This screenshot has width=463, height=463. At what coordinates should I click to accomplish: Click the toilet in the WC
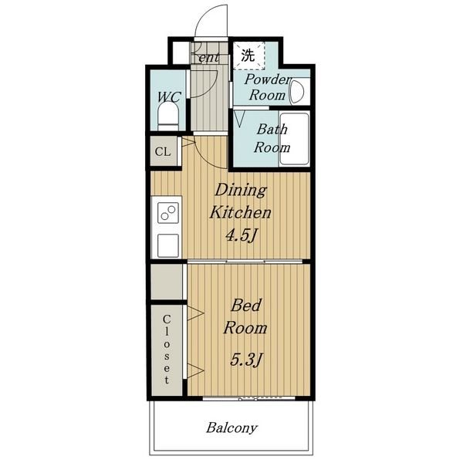pyautogui.click(x=168, y=117)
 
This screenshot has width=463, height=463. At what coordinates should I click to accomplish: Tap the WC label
pyautogui.click(x=168, y=97)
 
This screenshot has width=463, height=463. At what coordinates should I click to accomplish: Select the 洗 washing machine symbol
pyautogui.click(x=248, y=56)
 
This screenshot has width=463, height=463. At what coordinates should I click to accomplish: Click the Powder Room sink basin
pyautogui.click(x=297, y=92)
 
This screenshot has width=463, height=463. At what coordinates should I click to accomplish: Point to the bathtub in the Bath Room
pyautogui.click(x=294, y=139)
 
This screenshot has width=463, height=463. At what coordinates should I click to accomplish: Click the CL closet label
pyautogui.click(x=163, y=152)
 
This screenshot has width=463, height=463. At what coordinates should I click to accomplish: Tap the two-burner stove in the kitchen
pyautogui.click(x=168, y=213)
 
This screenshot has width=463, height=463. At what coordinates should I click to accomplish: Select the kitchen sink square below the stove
pyautogui.click(x=168, y=245)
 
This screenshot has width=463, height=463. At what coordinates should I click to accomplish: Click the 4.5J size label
pyautogui.click(x=241, y=235)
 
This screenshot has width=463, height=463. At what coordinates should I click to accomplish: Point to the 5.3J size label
pyautogui.click(x=246, y=360)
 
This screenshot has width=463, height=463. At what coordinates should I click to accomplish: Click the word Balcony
pyautogui.click(x=231, y=428)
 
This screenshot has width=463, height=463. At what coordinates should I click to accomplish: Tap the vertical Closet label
pyautogui.click(x=167, y=350)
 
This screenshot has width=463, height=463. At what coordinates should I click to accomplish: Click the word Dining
pyautogui.click(x=241, y=191)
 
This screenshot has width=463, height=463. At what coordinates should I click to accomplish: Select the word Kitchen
pyautogui.click(x=240, y=212)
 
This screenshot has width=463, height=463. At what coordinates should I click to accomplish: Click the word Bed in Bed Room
pyautogui.click(x=246, y=305)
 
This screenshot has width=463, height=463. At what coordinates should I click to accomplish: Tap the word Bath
pyautogui.click(x=272, y=130)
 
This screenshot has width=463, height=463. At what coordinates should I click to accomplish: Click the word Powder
pyautogui.click(x=268, y=79)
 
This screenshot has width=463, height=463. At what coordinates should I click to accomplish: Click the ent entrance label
pyautogui.click(x=209, y=58)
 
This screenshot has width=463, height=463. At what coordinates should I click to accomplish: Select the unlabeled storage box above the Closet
pyautogui.click(x=167, y=282)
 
